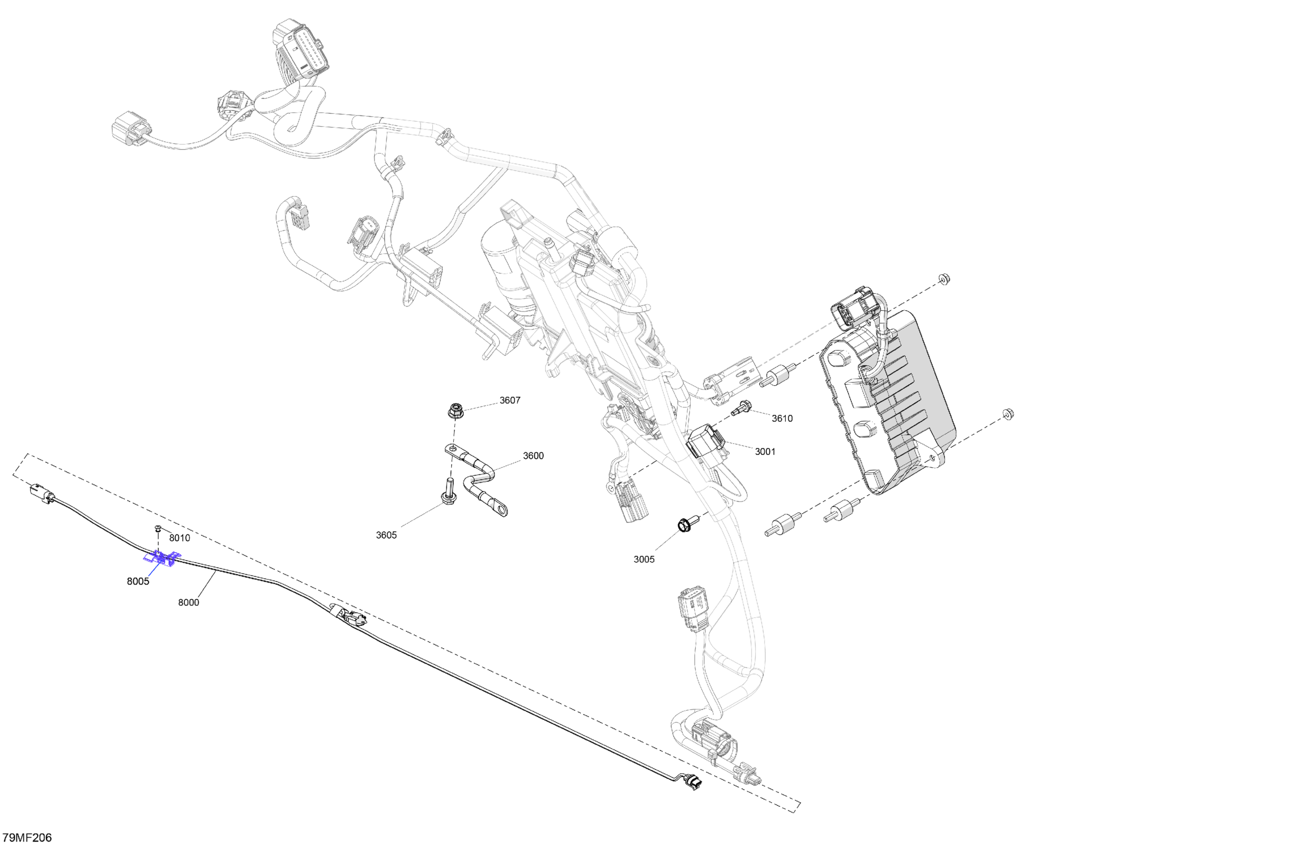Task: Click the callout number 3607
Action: [509, 400]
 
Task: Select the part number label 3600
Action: [533, 456]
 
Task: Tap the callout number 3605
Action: [386, 535]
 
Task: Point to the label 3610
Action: [782, 419]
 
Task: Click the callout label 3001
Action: [765, 452]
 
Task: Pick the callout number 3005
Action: [644, 559]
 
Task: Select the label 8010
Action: [179, 538]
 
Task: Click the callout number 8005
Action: [138, 582]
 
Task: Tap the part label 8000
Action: [188, 602]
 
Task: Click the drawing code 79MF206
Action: [27, 838]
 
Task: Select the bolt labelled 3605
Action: [448, 491]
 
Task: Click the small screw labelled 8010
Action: [158, 528]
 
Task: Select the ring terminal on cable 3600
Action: [499, 510]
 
